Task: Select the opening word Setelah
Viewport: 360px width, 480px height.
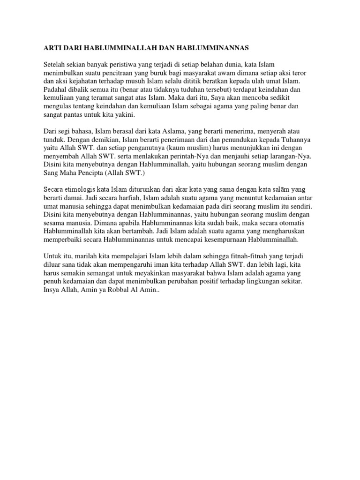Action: (55, 64)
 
